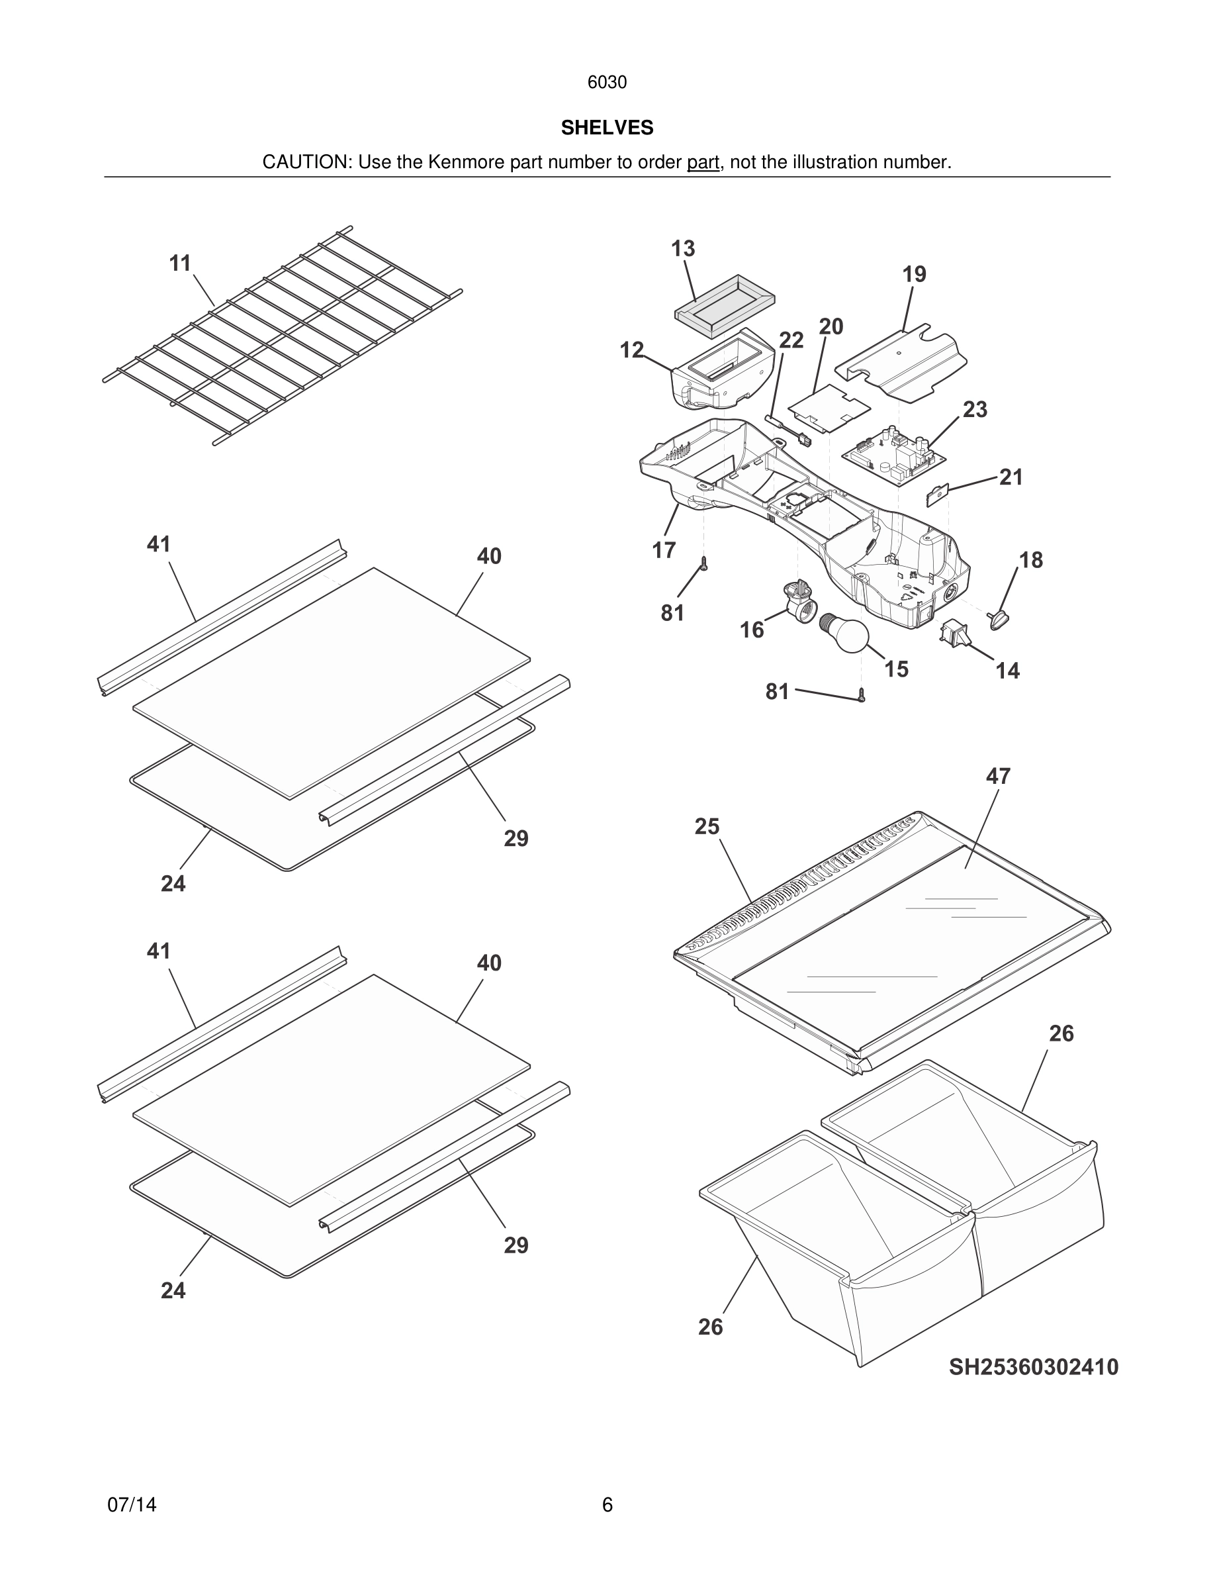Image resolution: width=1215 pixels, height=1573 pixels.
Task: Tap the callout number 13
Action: (x=682, y=248)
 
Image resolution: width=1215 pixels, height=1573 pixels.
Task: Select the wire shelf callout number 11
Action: (x=180, y=263)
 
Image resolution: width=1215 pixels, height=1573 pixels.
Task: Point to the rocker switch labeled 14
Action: (x=951, y=634)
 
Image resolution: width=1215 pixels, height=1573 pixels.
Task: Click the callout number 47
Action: (x=998, y=776)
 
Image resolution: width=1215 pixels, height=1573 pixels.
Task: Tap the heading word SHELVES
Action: (x=607, y=128)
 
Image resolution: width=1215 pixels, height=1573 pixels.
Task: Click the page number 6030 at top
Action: (x=607, y=83)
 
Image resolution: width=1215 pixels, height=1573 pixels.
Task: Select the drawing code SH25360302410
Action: (x=1033, y=1367)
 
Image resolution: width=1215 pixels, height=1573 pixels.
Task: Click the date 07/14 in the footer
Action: (x=132, y=1505)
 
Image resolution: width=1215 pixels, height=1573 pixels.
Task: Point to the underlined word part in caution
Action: (x=703, y=163)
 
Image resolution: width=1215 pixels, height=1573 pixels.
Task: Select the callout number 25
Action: (x=706, y=826)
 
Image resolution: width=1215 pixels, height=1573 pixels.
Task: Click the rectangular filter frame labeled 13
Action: (x=724, y=306)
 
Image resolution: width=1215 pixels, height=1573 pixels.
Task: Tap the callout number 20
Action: (x=831, y=327)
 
